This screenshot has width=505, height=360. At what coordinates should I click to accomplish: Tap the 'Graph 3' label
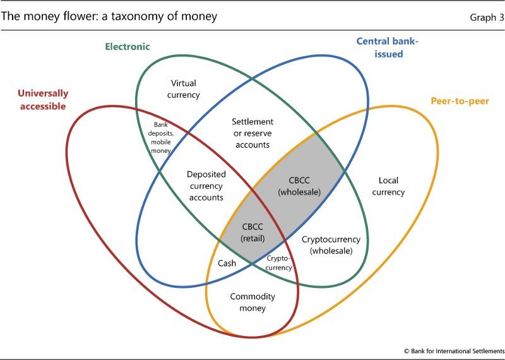click(x=487, y=18)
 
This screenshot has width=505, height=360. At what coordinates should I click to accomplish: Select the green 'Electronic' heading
click(x=128, y=47)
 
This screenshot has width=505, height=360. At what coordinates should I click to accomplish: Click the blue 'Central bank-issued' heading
click(x=388, y=47)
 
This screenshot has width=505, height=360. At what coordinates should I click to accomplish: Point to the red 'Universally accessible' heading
click(x=43, y=100)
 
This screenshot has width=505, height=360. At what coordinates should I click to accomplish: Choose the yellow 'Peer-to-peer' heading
click(x=460, y=101)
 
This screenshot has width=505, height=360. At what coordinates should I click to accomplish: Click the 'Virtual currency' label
click(x=183, y=89)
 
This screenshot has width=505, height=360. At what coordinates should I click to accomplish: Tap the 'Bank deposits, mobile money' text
click(x=160, y=138)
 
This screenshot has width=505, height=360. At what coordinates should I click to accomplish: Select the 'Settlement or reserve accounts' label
click(x=252, y=133)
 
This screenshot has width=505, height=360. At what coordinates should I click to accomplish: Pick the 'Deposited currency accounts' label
click(x=206, y=186)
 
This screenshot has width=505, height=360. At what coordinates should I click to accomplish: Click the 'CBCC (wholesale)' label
click(x=299, y=186)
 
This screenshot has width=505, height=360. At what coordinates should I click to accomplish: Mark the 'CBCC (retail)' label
click(x=253, y=232)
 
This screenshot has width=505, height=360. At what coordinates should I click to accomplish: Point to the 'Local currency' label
click(x=388, y=186)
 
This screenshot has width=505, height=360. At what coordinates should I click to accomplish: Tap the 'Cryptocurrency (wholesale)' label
click(x=331, y=245)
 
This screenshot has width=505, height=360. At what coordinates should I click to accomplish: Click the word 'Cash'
click(x=227, y=263)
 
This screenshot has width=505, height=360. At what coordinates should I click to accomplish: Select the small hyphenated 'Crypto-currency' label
click(x=279, y=263)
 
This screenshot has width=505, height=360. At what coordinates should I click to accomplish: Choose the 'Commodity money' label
click(x=252, y=303)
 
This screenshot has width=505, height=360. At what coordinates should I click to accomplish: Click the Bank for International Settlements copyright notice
click(x=454, y=351)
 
